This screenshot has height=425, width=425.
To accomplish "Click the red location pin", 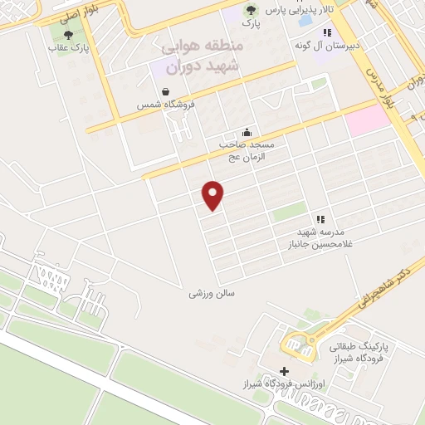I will pos(213,195).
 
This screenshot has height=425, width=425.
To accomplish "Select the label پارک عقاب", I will pos(68,49).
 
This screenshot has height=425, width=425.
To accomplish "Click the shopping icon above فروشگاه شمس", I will pos(166,91).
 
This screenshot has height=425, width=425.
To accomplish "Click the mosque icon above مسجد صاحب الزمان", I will pos(247,131).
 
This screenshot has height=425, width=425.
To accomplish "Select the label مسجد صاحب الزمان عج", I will pos(247,149).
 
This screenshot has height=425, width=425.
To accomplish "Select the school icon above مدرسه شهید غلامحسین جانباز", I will pos(320,219).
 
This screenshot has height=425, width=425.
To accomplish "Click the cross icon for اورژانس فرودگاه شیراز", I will pos(284,371).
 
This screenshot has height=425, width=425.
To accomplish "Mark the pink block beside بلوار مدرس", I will pos(367,121).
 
